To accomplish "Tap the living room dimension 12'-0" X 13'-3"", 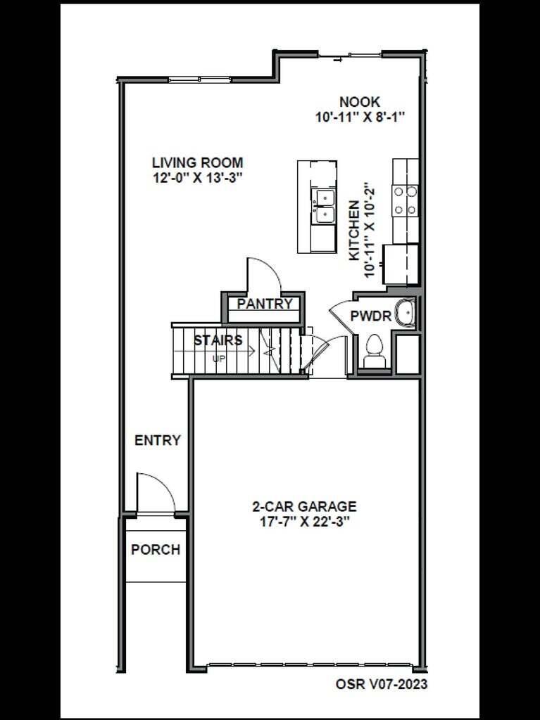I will coord(198,178).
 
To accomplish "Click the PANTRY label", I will coord(264,304).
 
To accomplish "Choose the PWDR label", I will coord(370,316).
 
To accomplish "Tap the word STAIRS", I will coord(218,340).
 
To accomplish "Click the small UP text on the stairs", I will coord(220,358).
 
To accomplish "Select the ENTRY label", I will coord(158,441).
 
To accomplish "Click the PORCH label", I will coord(156,550).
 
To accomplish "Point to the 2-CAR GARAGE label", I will coord(304,506).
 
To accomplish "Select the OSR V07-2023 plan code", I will coord(381,683).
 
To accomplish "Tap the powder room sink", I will coord(405,314).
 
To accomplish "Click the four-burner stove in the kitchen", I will coord(405,199).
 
